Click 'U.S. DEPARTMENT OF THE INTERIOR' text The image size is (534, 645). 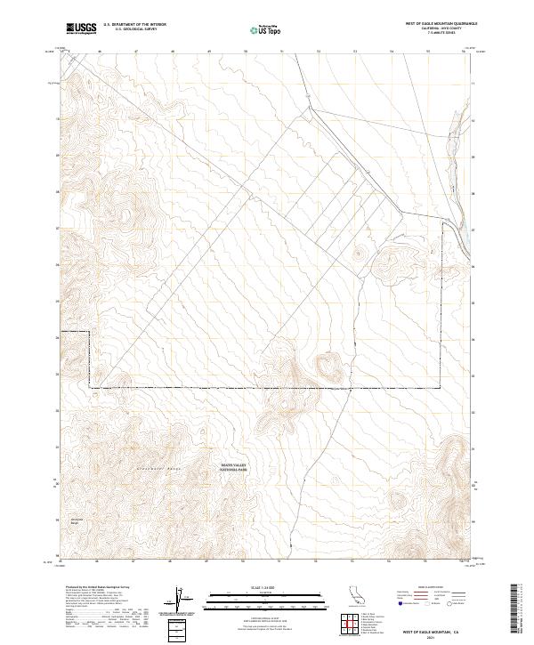pyautogui.click(x=134, y=24)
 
